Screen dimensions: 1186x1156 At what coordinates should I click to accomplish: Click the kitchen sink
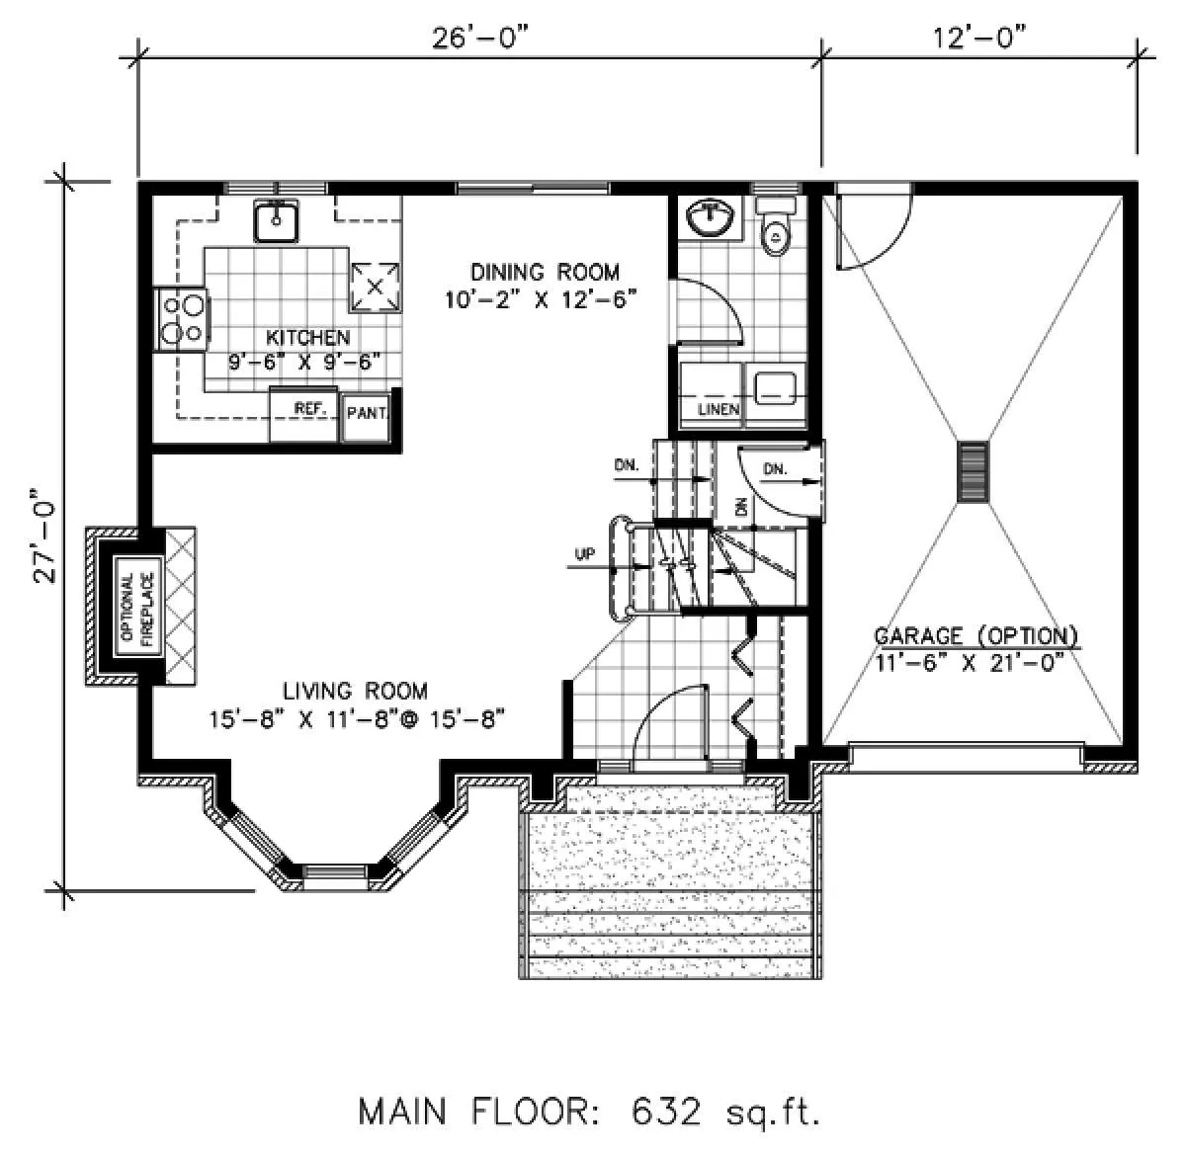[276, 219]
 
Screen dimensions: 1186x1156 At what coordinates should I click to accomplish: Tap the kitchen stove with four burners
[181, 320]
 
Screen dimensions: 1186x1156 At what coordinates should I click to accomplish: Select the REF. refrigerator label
[310, 408]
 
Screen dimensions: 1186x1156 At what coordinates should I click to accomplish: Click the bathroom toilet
[775, 226]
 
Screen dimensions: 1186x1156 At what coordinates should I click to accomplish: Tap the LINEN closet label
[719, 409]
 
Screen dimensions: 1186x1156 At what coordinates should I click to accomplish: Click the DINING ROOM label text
[545, 272]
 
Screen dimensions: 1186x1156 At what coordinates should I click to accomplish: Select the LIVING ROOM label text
[356, 691]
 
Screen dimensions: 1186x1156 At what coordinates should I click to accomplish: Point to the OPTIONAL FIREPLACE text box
[138, 607]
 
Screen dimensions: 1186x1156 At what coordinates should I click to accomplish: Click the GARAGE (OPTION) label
[976, 636]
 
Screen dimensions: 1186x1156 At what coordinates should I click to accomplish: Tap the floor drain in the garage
[973, 471]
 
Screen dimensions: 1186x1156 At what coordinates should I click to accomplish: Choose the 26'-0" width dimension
[479, 39]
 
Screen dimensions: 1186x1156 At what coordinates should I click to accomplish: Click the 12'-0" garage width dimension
[979, 38]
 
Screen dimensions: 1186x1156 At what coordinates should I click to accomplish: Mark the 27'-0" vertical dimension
[44, 536]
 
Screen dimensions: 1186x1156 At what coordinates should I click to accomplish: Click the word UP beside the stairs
[584, 554]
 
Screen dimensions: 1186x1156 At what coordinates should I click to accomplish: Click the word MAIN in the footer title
[402, 1112]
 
